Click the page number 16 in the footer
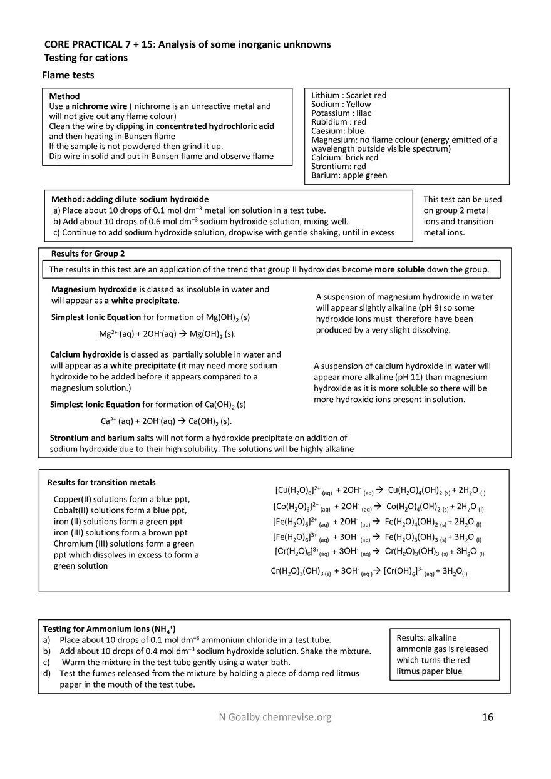[487, 717]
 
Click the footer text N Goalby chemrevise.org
[271, 717]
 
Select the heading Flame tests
[68, 75]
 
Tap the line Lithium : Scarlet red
[349, 95]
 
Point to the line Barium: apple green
[349, 175]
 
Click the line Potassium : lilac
[341, 113]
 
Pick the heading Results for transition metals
[101, 482]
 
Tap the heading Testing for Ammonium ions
[109, 629]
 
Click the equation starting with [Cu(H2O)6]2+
[380, 490]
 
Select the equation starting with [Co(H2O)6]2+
[378, 507]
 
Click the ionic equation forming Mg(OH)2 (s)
[167, 334]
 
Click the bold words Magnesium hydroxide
[94, 289]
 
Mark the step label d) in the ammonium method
[46, 673]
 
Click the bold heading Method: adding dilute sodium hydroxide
[130, 199]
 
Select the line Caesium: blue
[337, 131]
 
